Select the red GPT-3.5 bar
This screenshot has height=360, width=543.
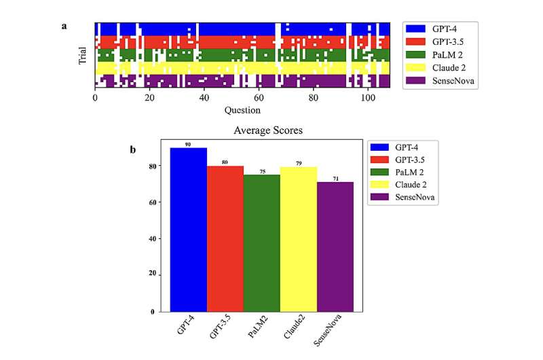point(225,238)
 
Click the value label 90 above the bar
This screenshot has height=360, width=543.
point(188,144)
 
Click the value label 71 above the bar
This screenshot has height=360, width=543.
point(335,179)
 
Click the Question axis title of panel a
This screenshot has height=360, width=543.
point(242,109)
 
